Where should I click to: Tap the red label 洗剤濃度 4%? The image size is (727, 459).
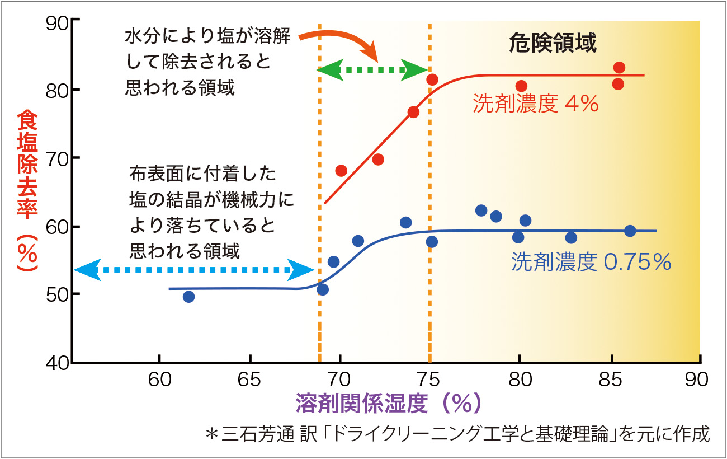[x=536, y=104]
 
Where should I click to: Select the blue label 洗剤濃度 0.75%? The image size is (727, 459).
[x=591, y=262]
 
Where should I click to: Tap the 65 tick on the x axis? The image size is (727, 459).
[x=249, y=380]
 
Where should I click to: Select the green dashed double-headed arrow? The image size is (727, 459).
[x=374, y=70]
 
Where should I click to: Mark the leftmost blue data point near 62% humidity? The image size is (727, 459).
[x=188, y=297]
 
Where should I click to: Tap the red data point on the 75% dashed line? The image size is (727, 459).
[x=432, y=79]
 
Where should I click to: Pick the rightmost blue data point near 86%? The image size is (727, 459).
[x=630, y=231]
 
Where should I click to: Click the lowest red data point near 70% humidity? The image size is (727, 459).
[x=341, y=170]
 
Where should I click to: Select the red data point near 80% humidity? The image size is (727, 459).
[x=521, y=86]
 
